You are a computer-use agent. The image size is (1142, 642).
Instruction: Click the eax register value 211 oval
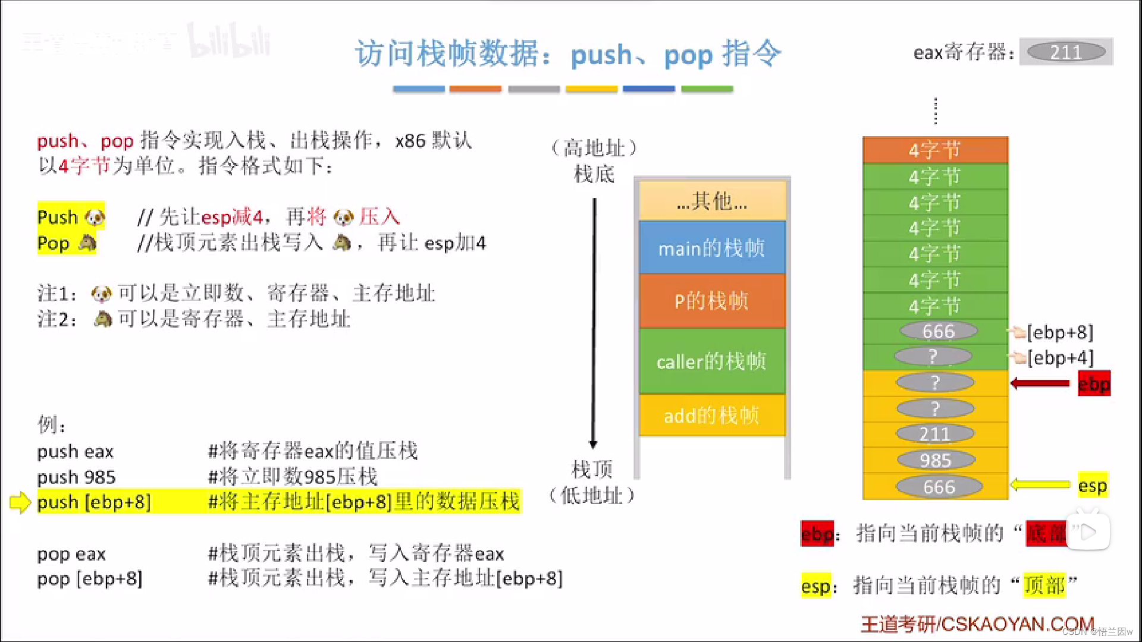[1066, 52]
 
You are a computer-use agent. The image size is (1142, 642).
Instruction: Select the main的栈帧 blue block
[712, 248]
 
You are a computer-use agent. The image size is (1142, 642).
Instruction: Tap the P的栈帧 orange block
[712, 301]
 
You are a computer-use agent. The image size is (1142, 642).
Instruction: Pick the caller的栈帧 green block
[712, 361]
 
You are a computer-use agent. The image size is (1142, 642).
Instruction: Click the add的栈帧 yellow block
[712, 416]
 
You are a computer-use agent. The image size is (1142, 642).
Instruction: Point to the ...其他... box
[712, 202]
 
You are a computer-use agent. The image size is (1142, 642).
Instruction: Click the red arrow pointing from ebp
[1040, 383]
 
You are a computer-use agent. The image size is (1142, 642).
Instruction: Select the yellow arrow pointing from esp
[1040, 485]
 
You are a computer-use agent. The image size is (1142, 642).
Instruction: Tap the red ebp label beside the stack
[1094, 384]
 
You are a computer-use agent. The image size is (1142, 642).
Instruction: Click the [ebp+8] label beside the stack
[1060, 332]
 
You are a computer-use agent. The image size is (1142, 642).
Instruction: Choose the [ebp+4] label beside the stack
[1060, 358]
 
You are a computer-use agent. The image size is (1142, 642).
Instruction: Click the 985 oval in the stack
[936, 460]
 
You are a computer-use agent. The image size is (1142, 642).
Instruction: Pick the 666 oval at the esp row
[939, 487]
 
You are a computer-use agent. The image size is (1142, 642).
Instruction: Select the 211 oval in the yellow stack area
[935, 434]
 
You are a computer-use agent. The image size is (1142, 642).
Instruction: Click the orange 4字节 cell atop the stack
[935, 150]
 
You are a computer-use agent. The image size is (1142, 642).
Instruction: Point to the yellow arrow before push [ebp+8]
[20, 502]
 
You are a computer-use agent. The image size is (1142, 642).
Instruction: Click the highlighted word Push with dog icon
[58, 217]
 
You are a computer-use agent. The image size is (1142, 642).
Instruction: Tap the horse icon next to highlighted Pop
[87, 243]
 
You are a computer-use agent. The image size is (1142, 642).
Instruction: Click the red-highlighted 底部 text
[1047, 533]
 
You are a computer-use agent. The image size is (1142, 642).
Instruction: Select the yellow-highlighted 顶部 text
[1044, 586]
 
